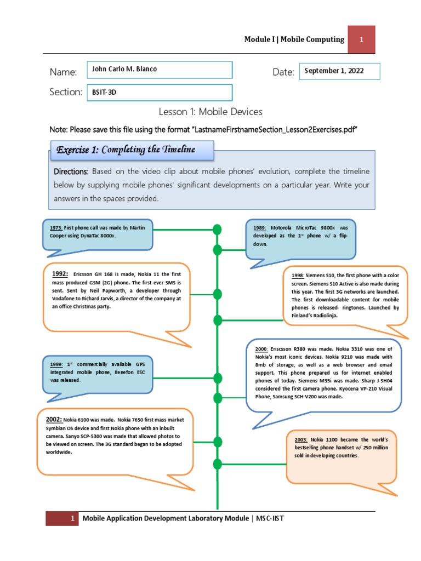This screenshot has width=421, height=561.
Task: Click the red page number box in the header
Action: [x=362, y=39]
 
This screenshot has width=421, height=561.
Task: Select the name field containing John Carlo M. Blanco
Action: [x=160, y=70]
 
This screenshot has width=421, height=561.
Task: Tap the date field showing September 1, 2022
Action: [x=339, y=71]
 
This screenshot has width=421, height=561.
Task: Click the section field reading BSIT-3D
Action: [x=160, y=93]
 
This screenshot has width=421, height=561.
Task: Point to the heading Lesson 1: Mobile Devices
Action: [x=210, y=112]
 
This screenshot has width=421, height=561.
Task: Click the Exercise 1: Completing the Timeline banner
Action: [x=130, y=150]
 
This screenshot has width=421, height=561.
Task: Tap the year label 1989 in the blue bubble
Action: [x=260, y=227]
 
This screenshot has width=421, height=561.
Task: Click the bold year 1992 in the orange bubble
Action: [x=60, y=274]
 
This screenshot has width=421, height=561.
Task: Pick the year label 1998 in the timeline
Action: [x=298, y=276]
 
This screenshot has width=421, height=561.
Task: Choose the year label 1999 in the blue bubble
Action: [x=56, y=364]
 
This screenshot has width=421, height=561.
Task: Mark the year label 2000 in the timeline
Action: [x=261, y=348]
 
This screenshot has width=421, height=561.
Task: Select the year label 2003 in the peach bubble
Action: [x=301, y=440]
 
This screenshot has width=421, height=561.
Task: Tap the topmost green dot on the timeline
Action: [x=218, y=228]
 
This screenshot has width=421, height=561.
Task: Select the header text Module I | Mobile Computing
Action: [x=294, y=39]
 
